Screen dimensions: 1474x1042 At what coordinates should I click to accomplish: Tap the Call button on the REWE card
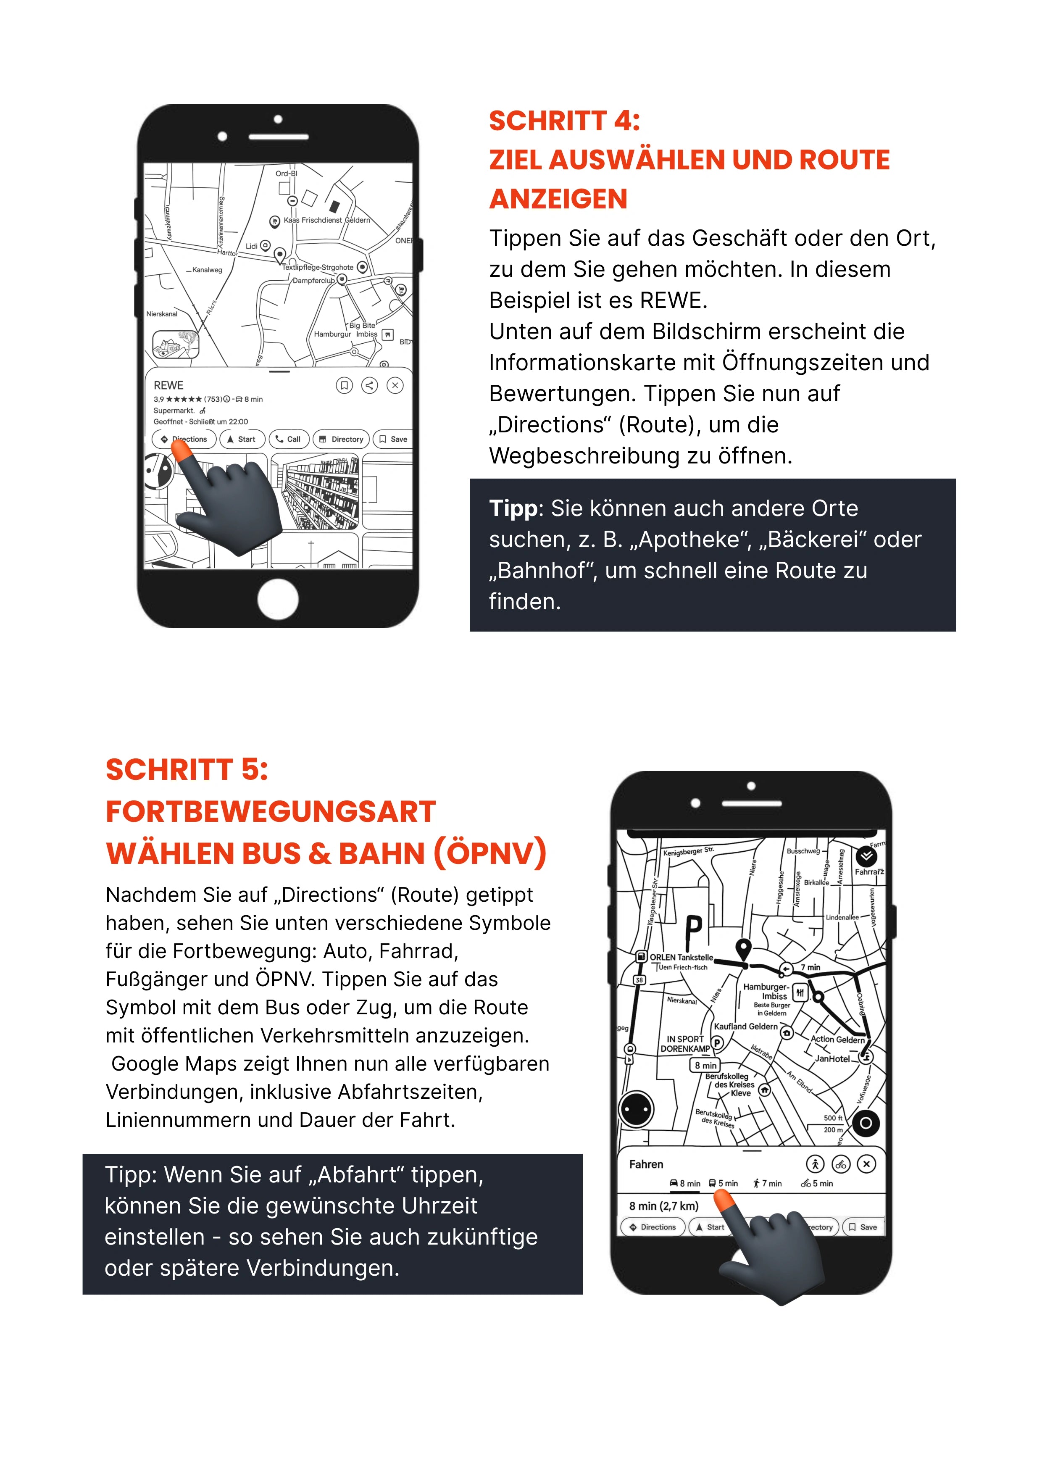(289, 439)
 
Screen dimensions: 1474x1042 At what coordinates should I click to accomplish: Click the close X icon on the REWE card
(395, 385)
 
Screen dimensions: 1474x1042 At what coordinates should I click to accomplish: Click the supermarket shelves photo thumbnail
(315, 491)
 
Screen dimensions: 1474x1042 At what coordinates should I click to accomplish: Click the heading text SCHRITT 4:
(564, 121)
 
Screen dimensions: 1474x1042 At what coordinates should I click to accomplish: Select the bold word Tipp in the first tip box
(512, 508)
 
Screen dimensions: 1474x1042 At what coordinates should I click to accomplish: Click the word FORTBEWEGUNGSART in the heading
(270, 811)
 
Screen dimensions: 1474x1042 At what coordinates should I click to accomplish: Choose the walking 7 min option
(768, 1183)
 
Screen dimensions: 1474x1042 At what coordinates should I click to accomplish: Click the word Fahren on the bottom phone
(646, 1164)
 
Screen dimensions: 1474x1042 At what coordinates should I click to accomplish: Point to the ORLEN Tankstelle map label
(681, 957)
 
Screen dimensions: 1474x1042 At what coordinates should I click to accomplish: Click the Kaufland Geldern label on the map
(745, 1027)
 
